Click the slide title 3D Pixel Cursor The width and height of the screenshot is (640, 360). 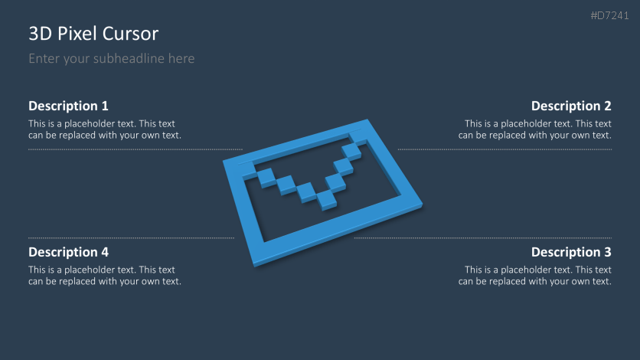coord(93,34)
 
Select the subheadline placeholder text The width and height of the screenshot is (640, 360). coord(111,59)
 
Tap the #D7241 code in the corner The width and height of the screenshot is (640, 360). coord(610,15)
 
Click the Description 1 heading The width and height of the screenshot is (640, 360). coord(68,106)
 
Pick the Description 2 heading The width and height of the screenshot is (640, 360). coord(571,106)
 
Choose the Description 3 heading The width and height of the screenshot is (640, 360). coord(571,252)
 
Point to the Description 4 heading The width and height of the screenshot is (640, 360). coord(68,252)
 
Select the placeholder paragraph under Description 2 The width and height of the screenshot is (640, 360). coord(535,129)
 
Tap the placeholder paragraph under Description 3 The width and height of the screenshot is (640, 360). coord(535,276)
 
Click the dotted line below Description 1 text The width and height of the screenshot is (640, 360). coord(135,149)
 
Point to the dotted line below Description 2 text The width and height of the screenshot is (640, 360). coord(504,149)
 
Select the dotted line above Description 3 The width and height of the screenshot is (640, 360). coord(482,238)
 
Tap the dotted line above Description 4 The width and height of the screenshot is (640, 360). coord(131,238)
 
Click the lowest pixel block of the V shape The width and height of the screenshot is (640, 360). coord(327,199)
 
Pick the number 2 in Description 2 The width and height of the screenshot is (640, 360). coord(607,106)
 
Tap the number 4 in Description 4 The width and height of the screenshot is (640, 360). coord(104,252)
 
